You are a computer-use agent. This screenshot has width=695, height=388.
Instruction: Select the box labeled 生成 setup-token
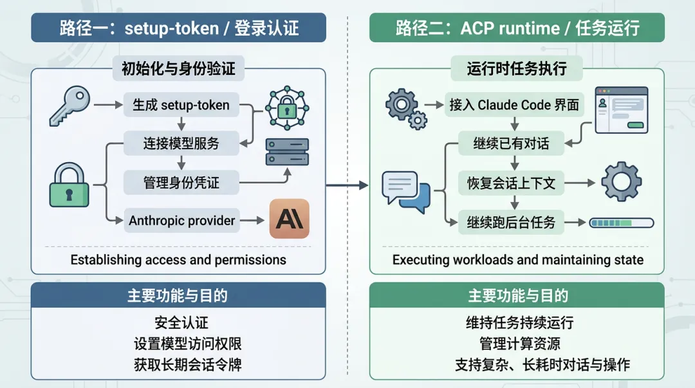point(181,105)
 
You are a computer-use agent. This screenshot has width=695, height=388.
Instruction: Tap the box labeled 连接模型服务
point(181,143)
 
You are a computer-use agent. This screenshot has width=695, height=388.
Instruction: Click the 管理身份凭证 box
point(181,182)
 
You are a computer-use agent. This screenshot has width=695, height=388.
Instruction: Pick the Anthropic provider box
point(182,221)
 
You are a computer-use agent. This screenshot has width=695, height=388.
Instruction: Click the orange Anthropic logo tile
point(289,219)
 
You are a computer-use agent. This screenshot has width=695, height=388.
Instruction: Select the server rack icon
point(287,152)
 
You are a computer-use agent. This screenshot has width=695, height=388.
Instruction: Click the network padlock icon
point(286,108)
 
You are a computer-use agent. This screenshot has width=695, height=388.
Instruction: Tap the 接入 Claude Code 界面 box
point(514,105)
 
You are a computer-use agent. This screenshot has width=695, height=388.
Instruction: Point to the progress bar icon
point(621,223)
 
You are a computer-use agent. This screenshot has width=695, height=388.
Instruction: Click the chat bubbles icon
point(405,191)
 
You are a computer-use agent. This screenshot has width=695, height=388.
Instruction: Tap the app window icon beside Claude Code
point(621,109)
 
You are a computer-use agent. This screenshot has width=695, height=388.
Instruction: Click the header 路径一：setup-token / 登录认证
point(178,28)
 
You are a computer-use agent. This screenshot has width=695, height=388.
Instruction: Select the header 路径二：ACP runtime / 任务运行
point(517,28)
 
